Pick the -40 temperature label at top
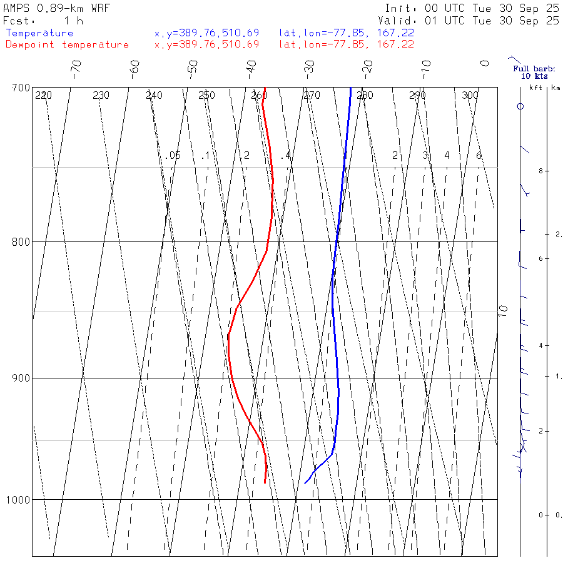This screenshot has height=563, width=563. (x=251, y=68)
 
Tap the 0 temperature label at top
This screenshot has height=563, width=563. (x=484, y=63)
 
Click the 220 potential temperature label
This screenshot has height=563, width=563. (x=44, y=96)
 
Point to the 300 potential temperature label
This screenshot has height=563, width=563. (x=470, y=96)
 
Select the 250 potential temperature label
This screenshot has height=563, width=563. (x=206, y=96)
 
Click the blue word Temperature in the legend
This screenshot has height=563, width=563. (x=39, y=33)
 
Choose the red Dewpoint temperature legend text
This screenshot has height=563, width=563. (x=68, y=44)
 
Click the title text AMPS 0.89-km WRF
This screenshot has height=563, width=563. (x=56, y=9)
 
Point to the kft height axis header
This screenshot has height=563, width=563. (x=535, y=88)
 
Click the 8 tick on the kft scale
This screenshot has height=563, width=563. (x=530, y=171)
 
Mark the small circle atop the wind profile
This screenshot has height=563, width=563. (x=520, y=106)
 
